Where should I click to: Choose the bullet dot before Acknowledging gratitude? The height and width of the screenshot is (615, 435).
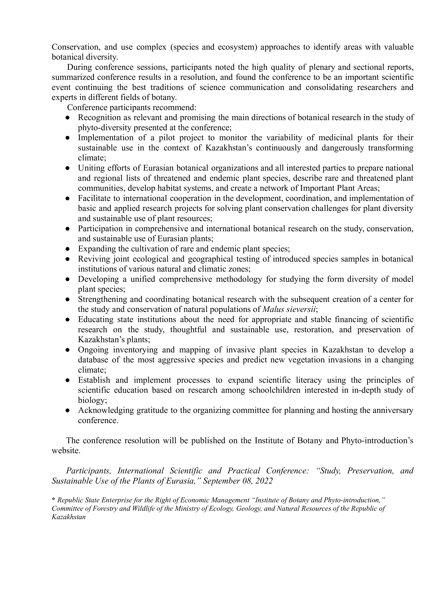[68, 411]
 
